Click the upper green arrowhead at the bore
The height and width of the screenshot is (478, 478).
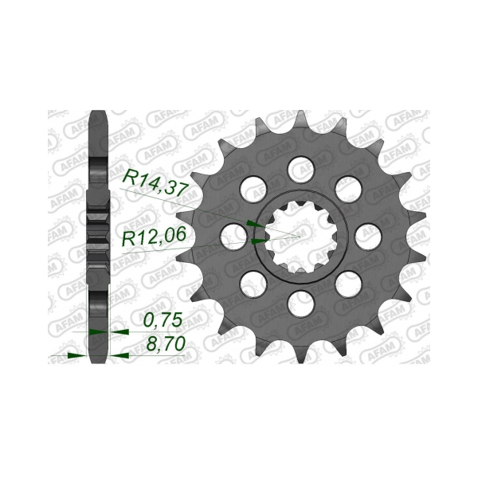252,224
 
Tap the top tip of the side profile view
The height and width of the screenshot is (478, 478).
99,113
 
